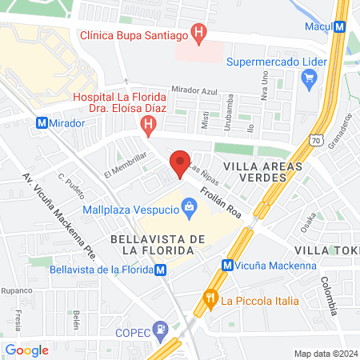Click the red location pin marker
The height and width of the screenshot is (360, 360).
180,163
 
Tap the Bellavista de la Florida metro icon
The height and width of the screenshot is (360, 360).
162,270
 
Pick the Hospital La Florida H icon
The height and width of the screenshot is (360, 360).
147,124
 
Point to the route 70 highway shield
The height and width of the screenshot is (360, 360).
318,141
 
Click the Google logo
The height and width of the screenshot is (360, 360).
27,350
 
